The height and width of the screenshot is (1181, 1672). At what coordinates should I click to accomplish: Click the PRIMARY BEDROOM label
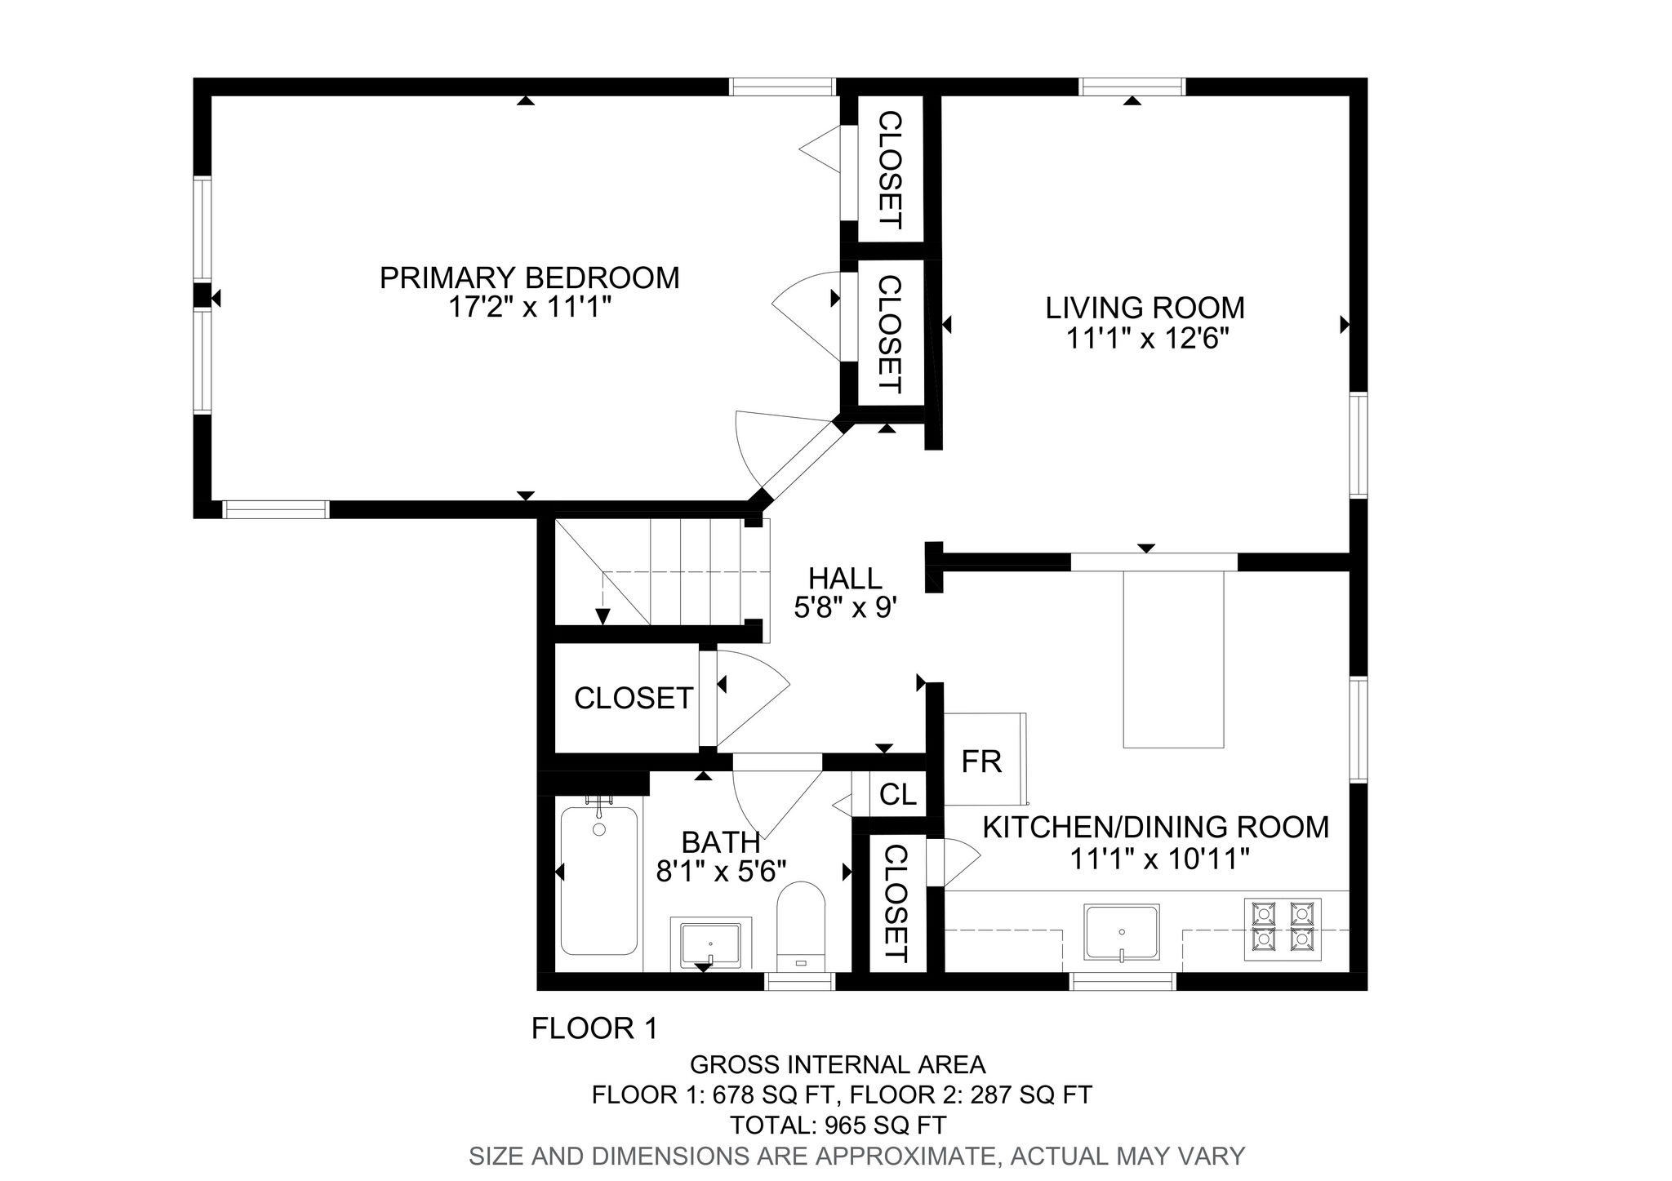pyautogui.click(x=529, y=278)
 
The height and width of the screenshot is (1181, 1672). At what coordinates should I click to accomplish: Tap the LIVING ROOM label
pyautogui.click(x=1145, y=308)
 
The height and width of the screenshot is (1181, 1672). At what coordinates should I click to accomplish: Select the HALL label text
pyautogui.click(x=845, y=579)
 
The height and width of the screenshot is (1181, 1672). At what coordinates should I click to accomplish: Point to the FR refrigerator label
pyautogui.click(x=981, y=761)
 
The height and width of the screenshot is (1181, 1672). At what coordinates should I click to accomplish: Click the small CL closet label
pyautogui.click(x=898, y=794)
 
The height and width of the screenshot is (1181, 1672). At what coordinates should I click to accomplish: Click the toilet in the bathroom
pyautogui.click(x=801, y=927)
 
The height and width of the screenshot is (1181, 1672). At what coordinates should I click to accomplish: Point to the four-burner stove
pyautogui.click(x=1280, y=927)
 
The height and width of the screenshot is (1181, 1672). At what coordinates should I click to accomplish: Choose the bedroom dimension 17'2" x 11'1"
pyautogui.click(x=529, y=308)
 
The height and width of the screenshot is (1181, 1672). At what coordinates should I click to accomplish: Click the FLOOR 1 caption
pyautogui.click(x=594, y=1028)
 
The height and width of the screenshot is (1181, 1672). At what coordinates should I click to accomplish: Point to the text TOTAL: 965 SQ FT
pyautogui.click(x=838, y=1126)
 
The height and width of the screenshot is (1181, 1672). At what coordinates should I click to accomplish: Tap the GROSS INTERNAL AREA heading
pyautogui.click(x=838, y=1064)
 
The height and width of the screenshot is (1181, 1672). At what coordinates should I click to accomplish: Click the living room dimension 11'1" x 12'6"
pyautogui.click(x=1147, y=338)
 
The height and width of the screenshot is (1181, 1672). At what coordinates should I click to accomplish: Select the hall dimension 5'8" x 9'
pyautogui.click(x=846, y=608)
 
